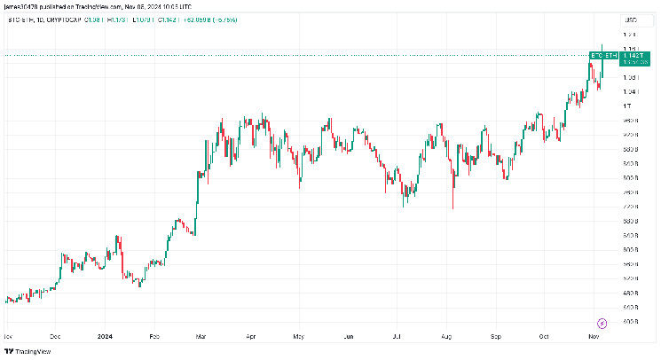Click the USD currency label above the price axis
point(631,20)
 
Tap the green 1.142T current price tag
point(632,56)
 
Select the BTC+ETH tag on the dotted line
point(603,56)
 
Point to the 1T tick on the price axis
point(627,106)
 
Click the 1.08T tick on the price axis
point(629,77)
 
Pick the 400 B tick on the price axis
point(630,321)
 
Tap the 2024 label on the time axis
point(105,337)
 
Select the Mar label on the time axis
point(201,337)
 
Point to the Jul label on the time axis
point(395,337)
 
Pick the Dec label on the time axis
point(55,337)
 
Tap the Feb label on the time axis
point(153,337)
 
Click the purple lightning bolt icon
point(602,323)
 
